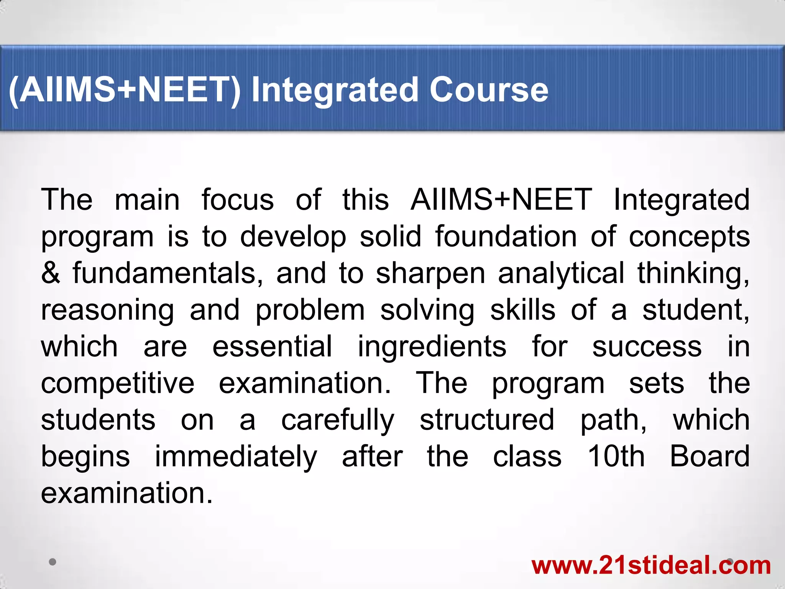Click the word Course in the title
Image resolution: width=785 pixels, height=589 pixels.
click(x=489, y=90)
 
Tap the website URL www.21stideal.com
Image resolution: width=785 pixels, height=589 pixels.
click(x=651, y=565)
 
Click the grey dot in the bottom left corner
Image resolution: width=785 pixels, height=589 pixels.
click(x=53, y=562)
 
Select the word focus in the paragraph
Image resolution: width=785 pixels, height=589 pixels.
click(x=238, y=200)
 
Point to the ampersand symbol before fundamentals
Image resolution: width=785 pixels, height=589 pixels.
click(x=51, y=273)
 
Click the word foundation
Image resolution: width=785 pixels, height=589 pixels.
click(x=506, y=237)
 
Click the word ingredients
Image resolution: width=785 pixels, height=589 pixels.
click(x=432, y=346)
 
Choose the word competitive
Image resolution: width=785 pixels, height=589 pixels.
click(x=118, y=383)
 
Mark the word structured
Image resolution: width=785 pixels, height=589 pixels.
click(x=487, y=420)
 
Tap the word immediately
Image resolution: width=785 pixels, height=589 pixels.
click(x=236, y=457)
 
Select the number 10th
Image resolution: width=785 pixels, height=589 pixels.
click(x=616, y=456)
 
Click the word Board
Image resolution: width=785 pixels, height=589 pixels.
click(x=709, y=456)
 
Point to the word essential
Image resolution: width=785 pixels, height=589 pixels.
click(x=272, y=346)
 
